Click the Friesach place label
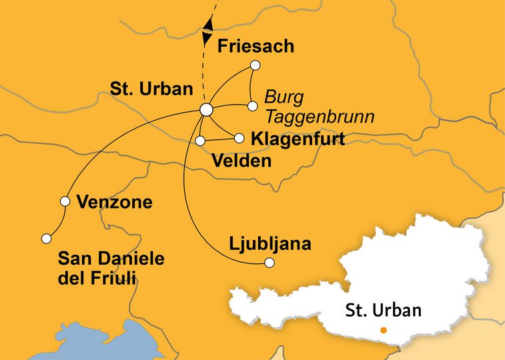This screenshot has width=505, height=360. pyautogui.click(x=256, y=47)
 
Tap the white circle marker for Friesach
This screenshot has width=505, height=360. pyautogui.click(x=255, y=65)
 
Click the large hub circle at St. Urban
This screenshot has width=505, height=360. pyautogui.click(x=206, y=109)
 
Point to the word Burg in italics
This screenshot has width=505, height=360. pyautogui.click(x=284, y=97)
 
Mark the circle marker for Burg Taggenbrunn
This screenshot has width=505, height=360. pyautogui.click(x=252, y=106)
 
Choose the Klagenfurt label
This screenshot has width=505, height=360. pyautogui.click(x=298, y=139)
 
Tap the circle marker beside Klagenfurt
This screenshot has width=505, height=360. pyautogui.click(x=239, y=138)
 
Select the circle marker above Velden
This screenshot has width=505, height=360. pyautogui.click(x=200, y=141)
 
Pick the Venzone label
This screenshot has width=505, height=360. pyautogui.click(x=114, y=202)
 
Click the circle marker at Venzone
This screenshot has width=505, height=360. pyautogui.click(x=65, y=201)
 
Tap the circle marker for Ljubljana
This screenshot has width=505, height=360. pyautogui.click(x=270, y=263)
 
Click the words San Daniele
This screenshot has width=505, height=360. pyautogui.click(x=112, y=259)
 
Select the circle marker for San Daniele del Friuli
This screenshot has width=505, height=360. pyautogui.click(x=46, y=238)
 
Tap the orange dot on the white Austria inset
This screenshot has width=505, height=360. pyautogui.click(x=383, y=330)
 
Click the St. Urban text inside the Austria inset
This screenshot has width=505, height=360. pyautogui.click(x=384, y=310)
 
